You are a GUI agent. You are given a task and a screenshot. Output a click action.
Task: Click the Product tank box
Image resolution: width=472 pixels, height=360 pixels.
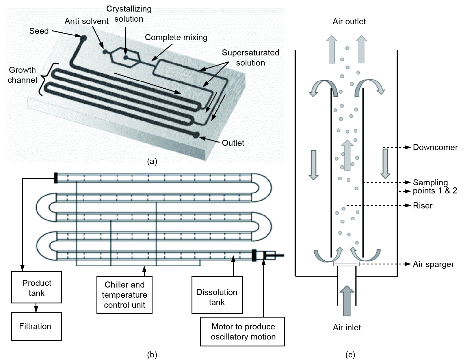(x=36, y=287)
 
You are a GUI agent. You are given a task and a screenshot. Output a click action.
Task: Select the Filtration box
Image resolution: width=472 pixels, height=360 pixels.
(x=36, y=326)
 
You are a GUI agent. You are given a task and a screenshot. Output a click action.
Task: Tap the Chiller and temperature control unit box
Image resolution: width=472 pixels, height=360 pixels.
(x=124, y=295)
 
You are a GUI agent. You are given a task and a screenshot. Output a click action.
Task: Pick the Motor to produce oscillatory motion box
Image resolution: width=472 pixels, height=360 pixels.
(x=242, y=331)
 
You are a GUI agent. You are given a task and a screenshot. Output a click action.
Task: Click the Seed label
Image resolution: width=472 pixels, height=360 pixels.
(x=39, y=31)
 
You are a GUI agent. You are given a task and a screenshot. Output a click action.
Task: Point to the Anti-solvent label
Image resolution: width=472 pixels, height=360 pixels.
(x=86, y=21)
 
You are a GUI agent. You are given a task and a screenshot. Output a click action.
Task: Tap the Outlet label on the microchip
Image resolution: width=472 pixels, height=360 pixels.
(x=233, y=143)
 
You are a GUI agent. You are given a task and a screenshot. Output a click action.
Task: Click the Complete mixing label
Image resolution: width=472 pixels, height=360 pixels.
(x=176, y=37)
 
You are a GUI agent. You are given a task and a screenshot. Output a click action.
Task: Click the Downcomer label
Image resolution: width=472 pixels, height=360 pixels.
(x=435, y=147)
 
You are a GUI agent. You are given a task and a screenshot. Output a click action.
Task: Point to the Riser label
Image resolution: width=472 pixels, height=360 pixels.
(x=423, y=206)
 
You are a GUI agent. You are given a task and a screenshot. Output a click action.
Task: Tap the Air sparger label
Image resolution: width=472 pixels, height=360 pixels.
(x=433, y=264)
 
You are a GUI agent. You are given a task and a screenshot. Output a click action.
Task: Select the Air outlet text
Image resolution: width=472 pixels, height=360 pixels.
(x=349, y=21)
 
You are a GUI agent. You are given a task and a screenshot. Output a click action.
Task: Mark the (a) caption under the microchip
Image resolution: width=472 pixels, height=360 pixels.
(x=152, y=161)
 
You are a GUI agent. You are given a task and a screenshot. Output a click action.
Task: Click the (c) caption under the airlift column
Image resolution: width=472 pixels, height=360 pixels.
(x=350, y=355)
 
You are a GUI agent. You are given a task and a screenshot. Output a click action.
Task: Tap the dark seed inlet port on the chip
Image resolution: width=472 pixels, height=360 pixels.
(x=83, y=38)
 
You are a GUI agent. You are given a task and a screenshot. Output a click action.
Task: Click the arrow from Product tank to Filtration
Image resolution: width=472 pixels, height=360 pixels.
(x=36, y=308)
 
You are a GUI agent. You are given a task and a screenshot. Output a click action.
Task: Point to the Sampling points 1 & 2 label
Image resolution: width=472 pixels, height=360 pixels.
(x=434, y=186)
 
